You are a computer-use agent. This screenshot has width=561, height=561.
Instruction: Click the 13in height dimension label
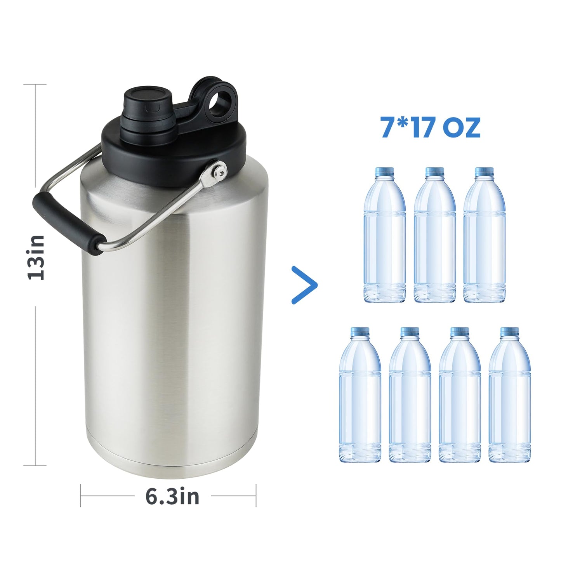point(36,258)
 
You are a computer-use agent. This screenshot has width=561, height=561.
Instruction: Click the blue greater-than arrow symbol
point(305,285)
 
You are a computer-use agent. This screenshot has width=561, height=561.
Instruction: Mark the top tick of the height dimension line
point(35,84)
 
